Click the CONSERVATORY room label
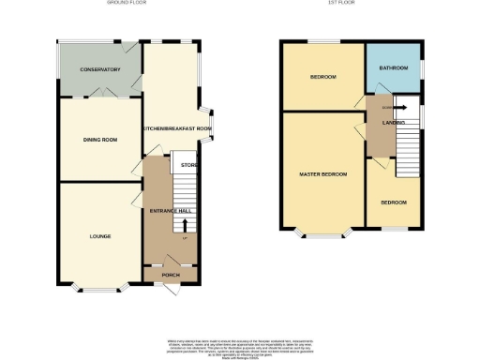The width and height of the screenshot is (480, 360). (100, 70)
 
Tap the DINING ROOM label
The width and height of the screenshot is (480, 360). (100, 140)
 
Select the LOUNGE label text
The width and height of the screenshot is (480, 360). (100, 235)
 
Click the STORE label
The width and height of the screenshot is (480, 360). (188, 166)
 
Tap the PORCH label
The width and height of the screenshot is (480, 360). (171, 275)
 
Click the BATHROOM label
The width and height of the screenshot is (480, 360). (392, 68)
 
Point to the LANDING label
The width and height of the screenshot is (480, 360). (393, 123)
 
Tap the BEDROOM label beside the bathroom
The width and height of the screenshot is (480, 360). (322, 76)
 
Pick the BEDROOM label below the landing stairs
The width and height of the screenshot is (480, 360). (393, 202)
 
